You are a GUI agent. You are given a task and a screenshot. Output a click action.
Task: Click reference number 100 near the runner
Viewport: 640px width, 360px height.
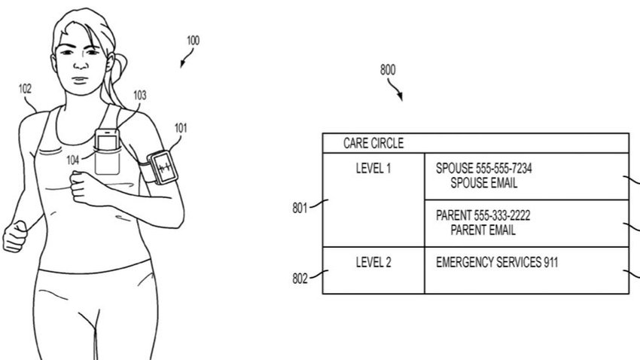(x=193, y=41)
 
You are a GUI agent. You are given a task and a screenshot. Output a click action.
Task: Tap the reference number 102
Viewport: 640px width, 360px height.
(x=25, y=89)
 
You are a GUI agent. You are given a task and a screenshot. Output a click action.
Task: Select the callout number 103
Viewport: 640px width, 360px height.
(x=139, y=95)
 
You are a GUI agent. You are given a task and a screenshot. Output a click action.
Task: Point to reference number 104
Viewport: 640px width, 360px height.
(x=72, y=160)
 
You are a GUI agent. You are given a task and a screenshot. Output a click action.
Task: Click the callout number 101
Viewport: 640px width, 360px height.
(x=181, y=128)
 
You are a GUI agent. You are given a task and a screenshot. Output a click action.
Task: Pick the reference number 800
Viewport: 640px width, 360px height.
(x=388, y=70)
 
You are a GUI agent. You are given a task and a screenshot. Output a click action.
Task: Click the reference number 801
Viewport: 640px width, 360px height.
(x=300, y=208)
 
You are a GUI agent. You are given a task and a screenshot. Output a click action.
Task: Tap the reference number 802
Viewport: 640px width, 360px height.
(x=300, y=279)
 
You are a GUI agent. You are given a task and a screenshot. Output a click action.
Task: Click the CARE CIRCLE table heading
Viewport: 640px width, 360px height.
(x=373, y=143)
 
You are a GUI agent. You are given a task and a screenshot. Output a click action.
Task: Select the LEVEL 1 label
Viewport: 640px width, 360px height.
(x=373, y=168)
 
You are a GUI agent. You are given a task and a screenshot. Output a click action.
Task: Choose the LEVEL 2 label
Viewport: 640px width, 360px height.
(x=373, y=262)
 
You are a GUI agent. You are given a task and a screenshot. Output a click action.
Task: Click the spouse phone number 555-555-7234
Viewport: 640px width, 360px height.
(x=504, y=168)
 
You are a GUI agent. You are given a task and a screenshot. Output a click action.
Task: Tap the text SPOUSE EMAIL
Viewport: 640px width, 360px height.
(x=483, y=183)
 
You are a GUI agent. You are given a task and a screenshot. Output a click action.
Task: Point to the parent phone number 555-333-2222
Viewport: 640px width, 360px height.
(x=501, y=215)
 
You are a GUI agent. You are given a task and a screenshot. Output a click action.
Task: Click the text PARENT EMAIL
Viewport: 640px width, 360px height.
(x=483, y=230)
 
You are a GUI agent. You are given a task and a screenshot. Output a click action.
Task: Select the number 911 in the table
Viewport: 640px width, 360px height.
(x=550, y=262)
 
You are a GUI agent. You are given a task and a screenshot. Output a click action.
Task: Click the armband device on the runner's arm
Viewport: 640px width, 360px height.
(x=162, y=168)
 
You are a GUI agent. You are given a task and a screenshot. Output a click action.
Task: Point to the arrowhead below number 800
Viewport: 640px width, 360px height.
(x=401, y=96)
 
